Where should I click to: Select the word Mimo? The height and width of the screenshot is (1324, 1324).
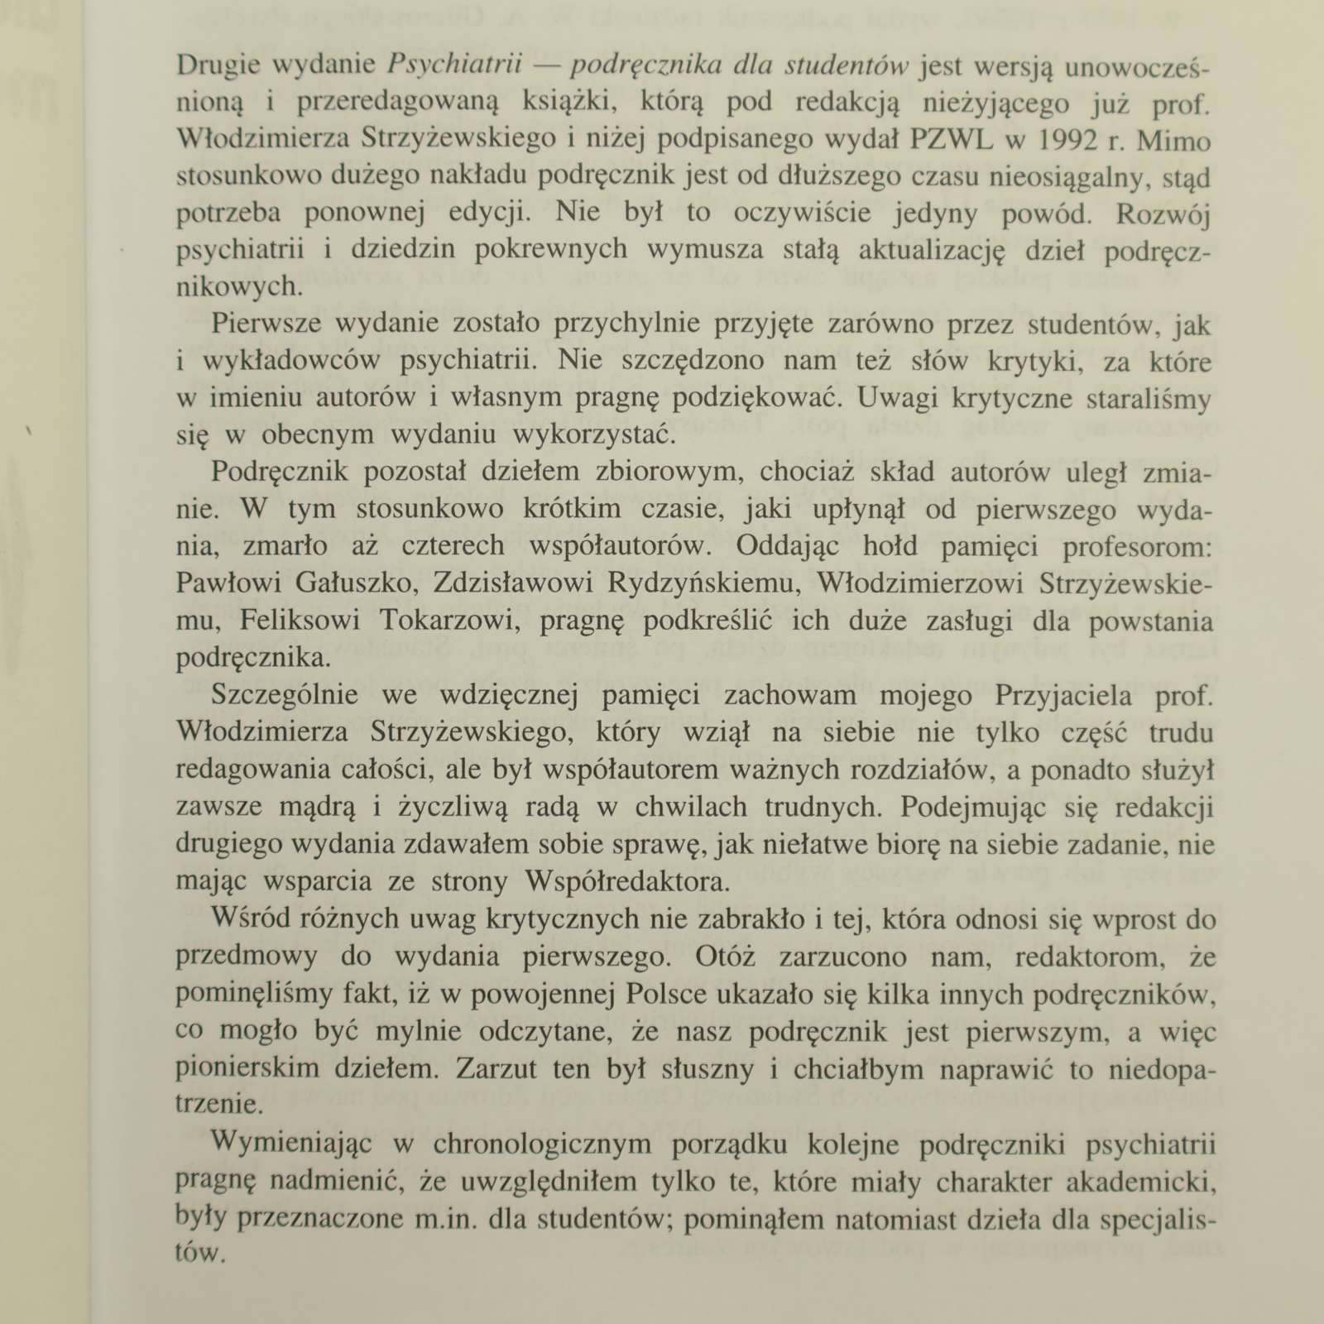pyautogui.click(x=1174, y=140)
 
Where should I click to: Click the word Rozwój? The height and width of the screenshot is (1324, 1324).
pyautogui.click(x=1163, y=213)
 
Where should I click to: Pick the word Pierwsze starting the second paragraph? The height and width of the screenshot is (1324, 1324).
pyautogui.click(x=265, y=324)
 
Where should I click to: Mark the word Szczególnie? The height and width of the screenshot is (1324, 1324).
pyautogui.click(x=285, y=695)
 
